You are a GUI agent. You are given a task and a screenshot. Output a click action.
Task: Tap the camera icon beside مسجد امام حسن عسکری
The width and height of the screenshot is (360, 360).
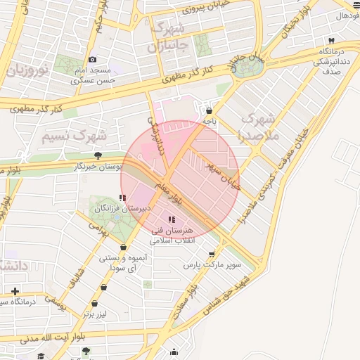pyautogui.click(x=92, y=60)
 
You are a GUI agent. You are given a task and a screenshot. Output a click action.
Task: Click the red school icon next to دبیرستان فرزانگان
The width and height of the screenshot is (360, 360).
pyautogui.click(x=123, y=199)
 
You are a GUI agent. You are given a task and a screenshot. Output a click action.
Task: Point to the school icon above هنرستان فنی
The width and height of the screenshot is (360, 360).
pyautogui.click(x=172, y=219)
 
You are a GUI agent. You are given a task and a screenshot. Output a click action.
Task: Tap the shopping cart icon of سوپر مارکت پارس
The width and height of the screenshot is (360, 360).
pyautogui.click(x=211, y=255)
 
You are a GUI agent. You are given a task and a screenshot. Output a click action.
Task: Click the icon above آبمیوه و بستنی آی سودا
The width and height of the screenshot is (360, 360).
pyautogui.click(x=124, y=247)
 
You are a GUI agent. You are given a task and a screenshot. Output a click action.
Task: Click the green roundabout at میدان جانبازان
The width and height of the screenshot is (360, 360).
pyautogui.click(x=247, y=68)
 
